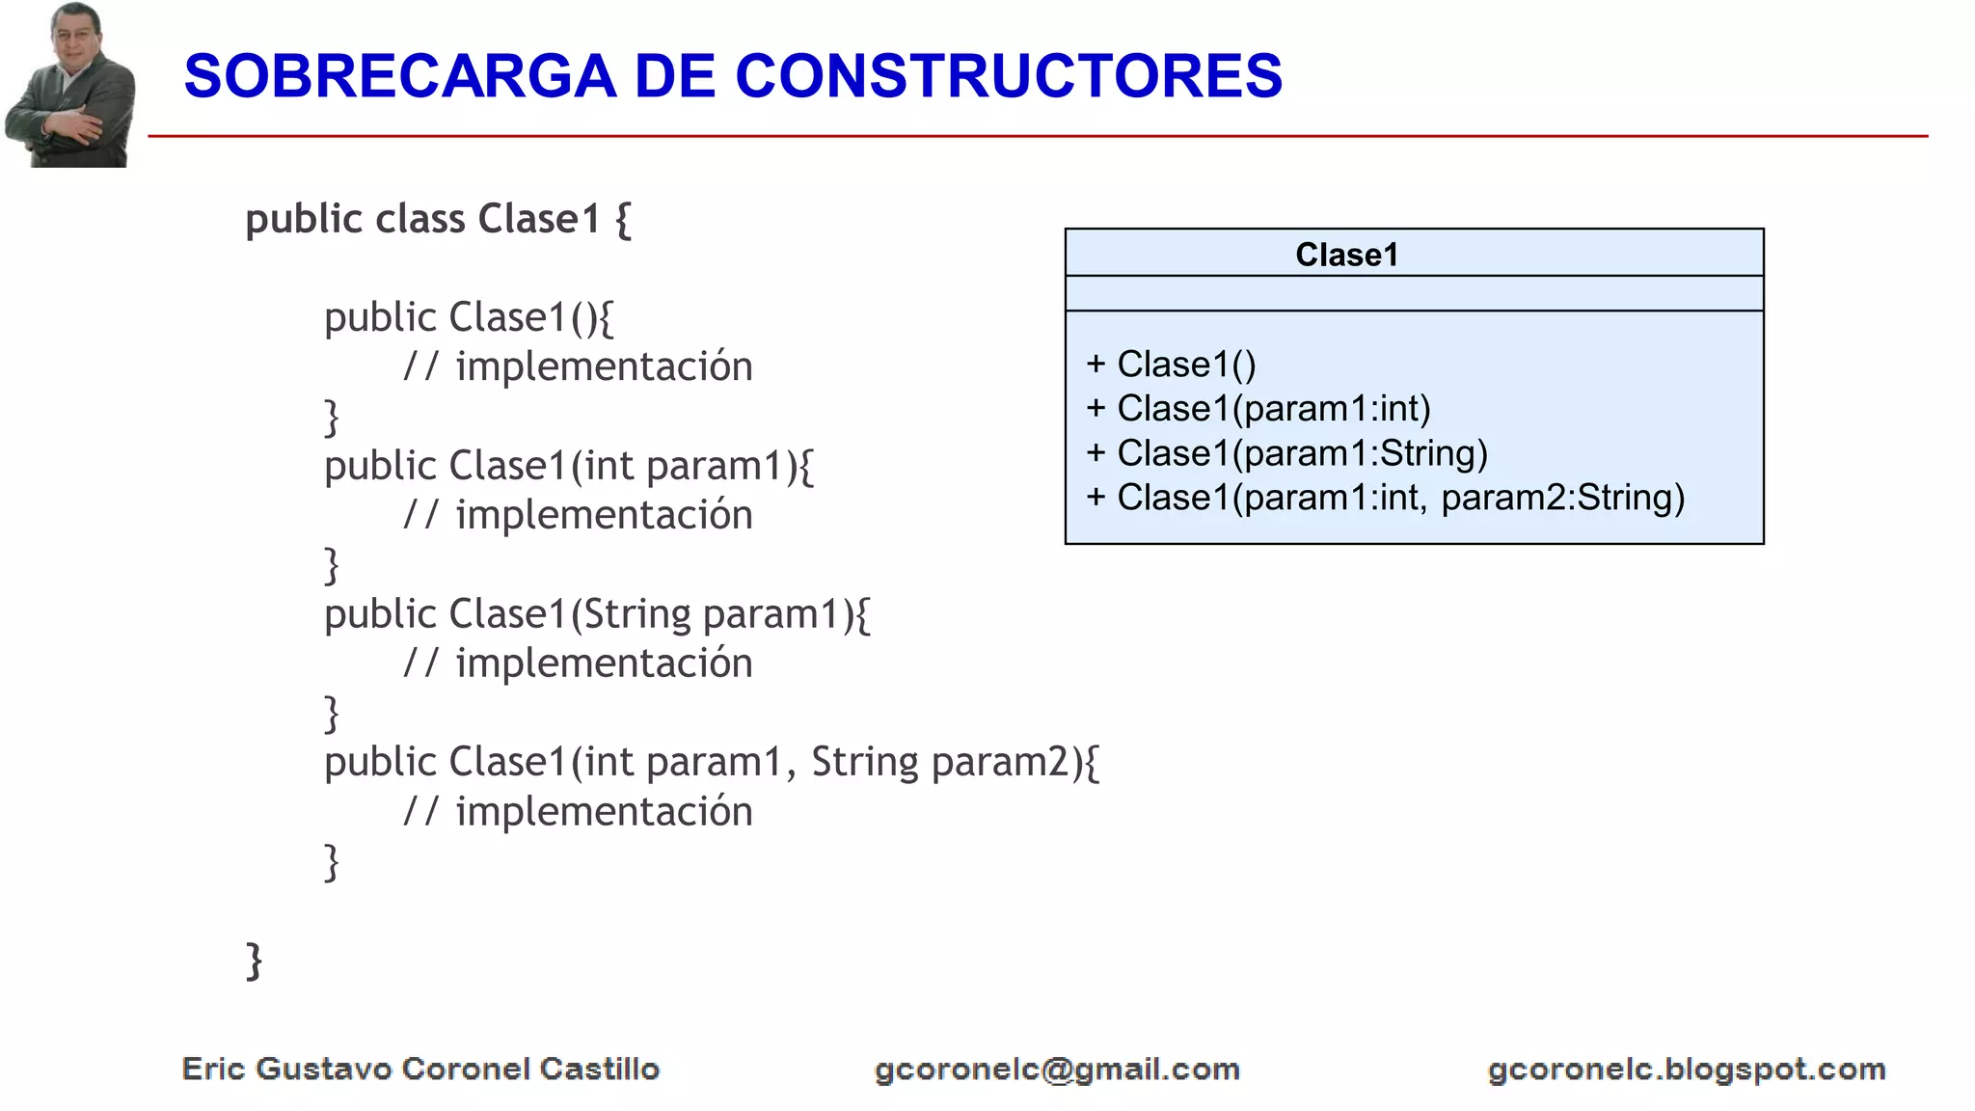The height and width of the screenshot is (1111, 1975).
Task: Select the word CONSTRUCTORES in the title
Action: click(x=1009, y=77)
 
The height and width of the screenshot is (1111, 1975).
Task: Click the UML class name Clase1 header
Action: click(x=1346, y=255)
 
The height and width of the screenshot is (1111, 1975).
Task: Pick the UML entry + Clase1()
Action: click(x=1171, y=365)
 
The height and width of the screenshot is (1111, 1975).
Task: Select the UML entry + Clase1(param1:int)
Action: click(x=1258, y=409)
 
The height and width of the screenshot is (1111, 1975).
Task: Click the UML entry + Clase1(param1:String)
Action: click(x=1286, y=453)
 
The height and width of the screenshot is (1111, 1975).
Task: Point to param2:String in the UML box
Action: click(x=1562, y=498)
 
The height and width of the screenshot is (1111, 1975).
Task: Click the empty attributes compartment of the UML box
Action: click(x=1414, y=293)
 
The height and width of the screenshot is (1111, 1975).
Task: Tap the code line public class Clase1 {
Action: click(x=438, y=220)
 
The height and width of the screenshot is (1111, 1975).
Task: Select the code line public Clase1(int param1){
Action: click(x=569, y=467)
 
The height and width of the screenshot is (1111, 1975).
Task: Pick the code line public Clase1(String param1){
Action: click(x=597, y=615)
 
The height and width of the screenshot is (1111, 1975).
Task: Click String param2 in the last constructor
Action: click(x=940, y=763)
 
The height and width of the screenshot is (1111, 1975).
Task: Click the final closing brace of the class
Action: click(x=255, y=961)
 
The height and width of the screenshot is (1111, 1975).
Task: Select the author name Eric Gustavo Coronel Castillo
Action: click(x=420, y=1069)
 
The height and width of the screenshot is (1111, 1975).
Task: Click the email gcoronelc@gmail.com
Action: click(x=1057, y=1070)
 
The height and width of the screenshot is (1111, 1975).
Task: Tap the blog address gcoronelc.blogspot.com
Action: click(x=1687, y=1070)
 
